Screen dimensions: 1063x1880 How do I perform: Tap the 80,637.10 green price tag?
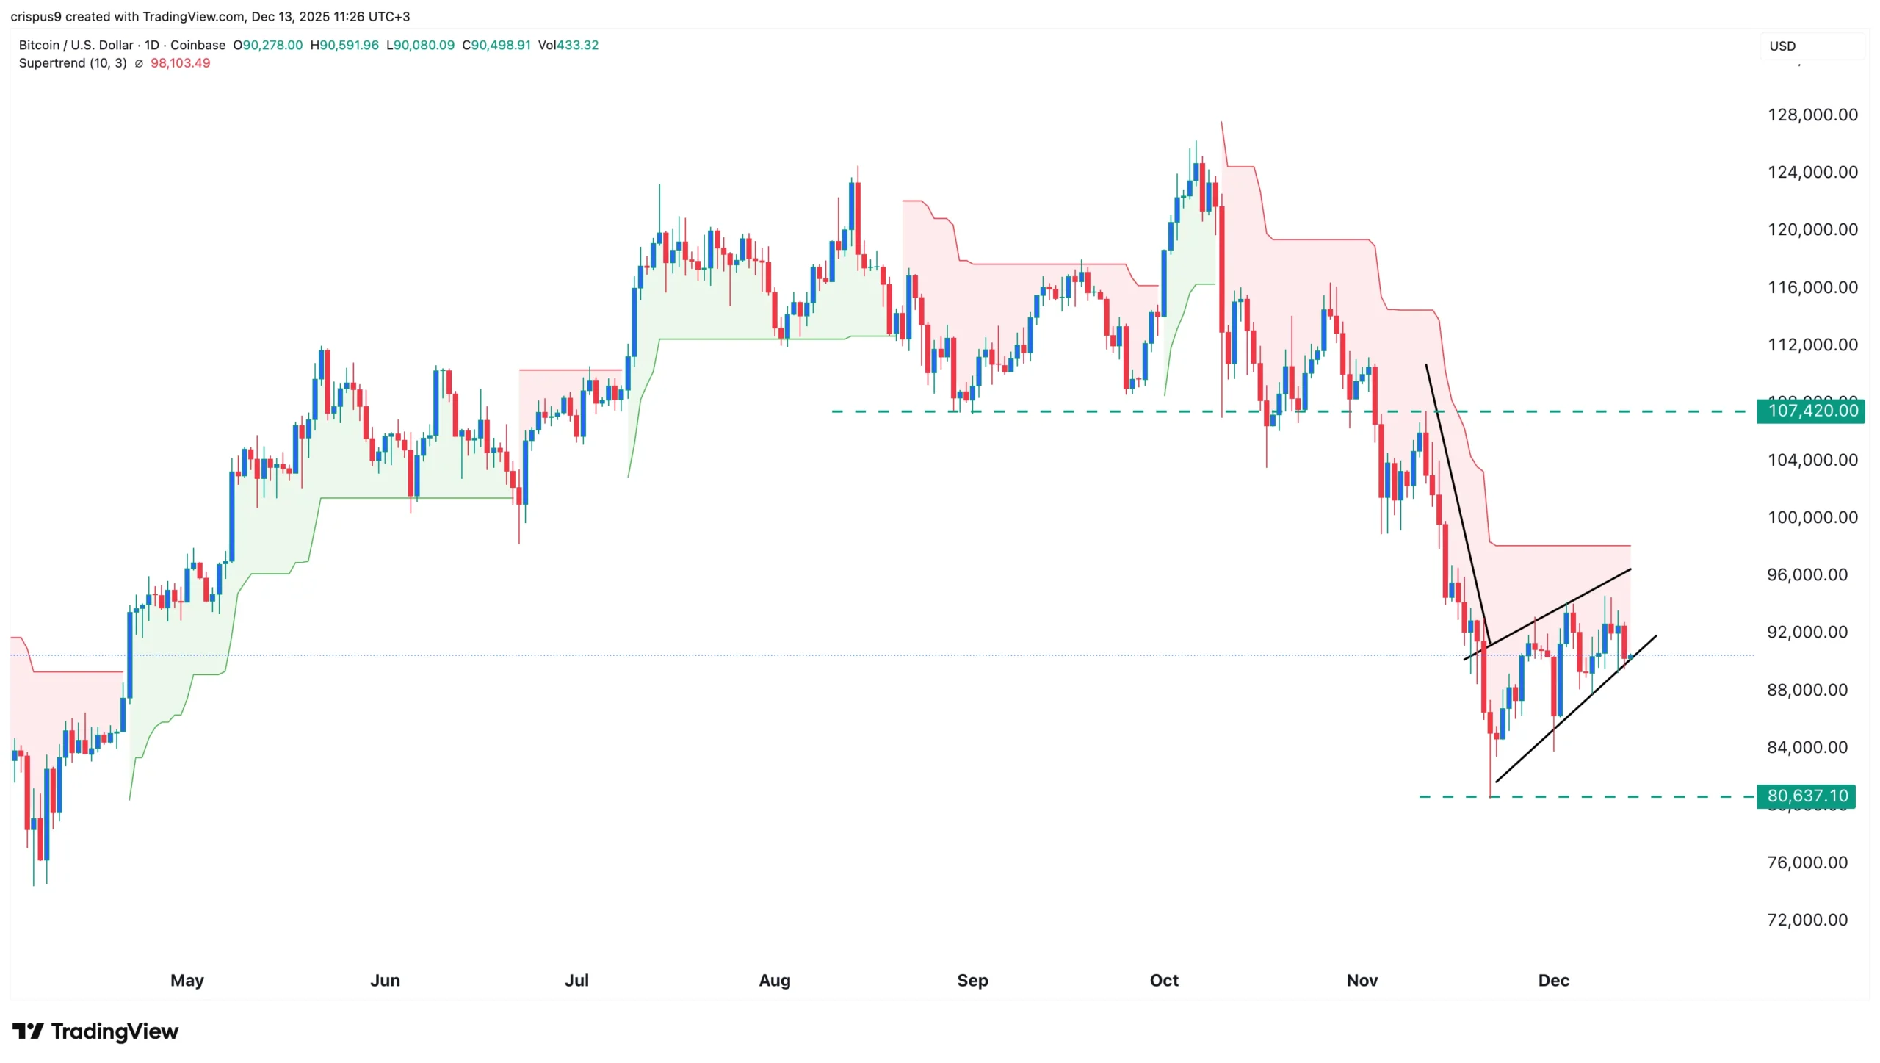click(x=1807, y=796)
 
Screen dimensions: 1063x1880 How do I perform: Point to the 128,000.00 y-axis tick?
click(x=1812, y=115)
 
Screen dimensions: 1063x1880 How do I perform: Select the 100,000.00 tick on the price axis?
click(x=1812, y=517)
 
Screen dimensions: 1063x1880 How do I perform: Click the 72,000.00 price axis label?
click(x=1807, y=920)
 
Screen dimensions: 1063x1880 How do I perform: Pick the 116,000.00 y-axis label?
click(x=1812, y=287)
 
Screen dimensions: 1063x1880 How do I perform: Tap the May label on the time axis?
click(x=187, y=980)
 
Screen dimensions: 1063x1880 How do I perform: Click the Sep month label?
click(x=972, y=980)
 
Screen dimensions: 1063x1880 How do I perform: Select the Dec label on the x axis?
click(x=1553, y=980)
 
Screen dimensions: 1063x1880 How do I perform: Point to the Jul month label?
click(x=576, y=980)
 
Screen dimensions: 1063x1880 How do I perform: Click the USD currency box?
click(x=1782, y=46)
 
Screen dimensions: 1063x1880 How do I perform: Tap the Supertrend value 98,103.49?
click(x=180, y=63)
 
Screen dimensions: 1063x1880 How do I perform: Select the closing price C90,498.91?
click(x=496, y=45)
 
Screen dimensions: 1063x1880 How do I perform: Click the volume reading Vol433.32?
click(x=568, y=45)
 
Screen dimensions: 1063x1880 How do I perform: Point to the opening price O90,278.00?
click(x=267, y=45)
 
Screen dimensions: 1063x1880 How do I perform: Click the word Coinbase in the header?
click(x=198, y=45)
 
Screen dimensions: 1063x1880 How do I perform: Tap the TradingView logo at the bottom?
click(x=95, y=1031)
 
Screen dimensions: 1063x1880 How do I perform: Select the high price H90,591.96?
click(x=344, y=45)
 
